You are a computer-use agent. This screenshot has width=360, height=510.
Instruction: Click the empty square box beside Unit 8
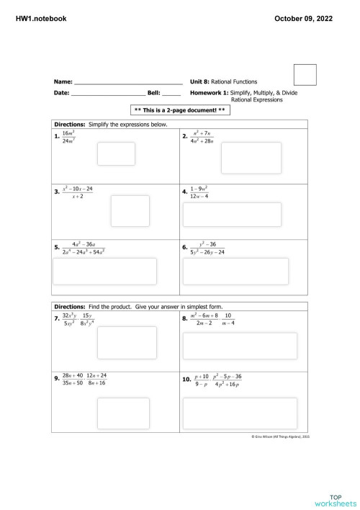(305, 76)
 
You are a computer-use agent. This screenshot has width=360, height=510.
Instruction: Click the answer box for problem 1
(116, 153)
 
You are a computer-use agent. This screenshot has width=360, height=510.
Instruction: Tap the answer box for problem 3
(130, 210)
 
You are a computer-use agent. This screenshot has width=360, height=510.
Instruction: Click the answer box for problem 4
(242, 215)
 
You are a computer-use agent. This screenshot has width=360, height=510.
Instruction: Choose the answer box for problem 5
(105, 271)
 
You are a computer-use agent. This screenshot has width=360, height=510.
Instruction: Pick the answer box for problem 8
(240, 346)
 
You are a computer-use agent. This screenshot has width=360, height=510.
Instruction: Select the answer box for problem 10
(240, 411)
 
